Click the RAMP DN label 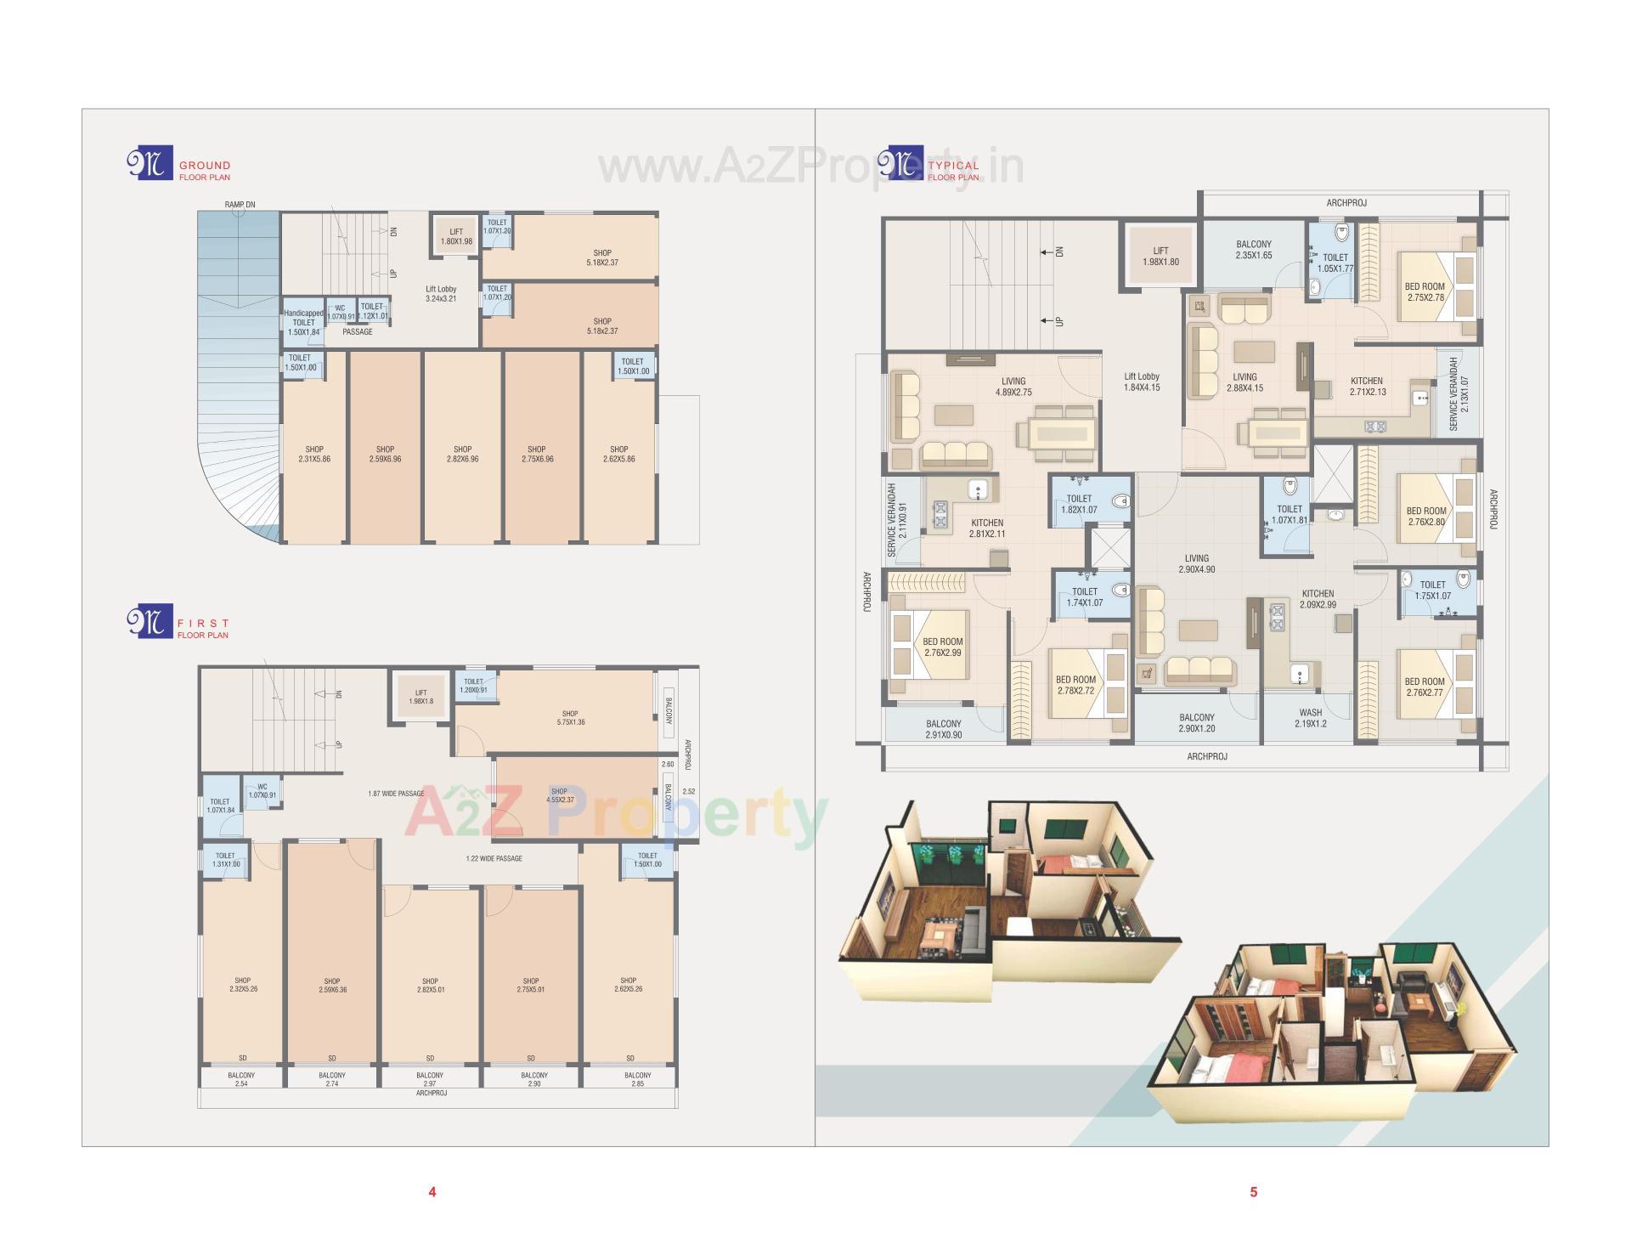pyautogui.click(x=240, y=205)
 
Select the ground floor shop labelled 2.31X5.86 pyautogui.click(x=314, y=454)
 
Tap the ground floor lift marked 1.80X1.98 pyautogui.click(x=456, y=236)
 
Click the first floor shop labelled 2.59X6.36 pyautogui.click(x=332, y=985)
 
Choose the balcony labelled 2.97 pyautogui.click(x=430, y=1079)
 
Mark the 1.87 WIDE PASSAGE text pyautogui.click(x=396, y=794)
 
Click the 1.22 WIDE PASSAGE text pyautogui.click(x=494, y=858)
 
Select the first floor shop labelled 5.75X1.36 pyautogui.click(x=570, y=718)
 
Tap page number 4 pyautogui.click(x=432, y=1192)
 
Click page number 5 pyautogui.click(x=1253, y=1192)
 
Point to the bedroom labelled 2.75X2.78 pyautogui.click(x=1425, y=291)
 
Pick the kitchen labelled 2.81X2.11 pyautogui.click(x=987, y=528)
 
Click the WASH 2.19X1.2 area pyautogui.click(x=1310, y=718)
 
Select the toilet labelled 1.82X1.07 pyautogui.click(x=1079, y=504)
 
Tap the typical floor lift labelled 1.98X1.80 pyautogui.click(x=1160, y=256)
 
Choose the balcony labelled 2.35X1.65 pyautogui.click(x=1254, y=250)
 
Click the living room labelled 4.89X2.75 pyautogui.click(x=1013, y=387)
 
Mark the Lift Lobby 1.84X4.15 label pyautogui.click(x=1142, y=382)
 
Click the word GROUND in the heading pyautogui.click(x=205, y=166)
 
